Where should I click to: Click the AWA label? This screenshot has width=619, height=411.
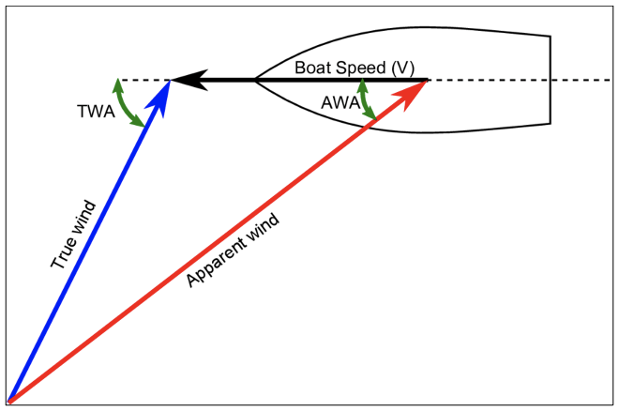(x=340, y=102)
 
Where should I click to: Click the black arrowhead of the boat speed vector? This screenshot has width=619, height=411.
(x=184, y=81)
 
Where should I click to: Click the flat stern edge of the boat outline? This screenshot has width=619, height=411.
(x=550, y=81)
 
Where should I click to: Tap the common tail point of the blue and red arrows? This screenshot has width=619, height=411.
(x=9, y=401)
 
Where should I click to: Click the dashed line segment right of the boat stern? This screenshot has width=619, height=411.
(x=581, y=81)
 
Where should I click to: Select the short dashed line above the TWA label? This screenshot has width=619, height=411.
(x=141, y=81)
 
